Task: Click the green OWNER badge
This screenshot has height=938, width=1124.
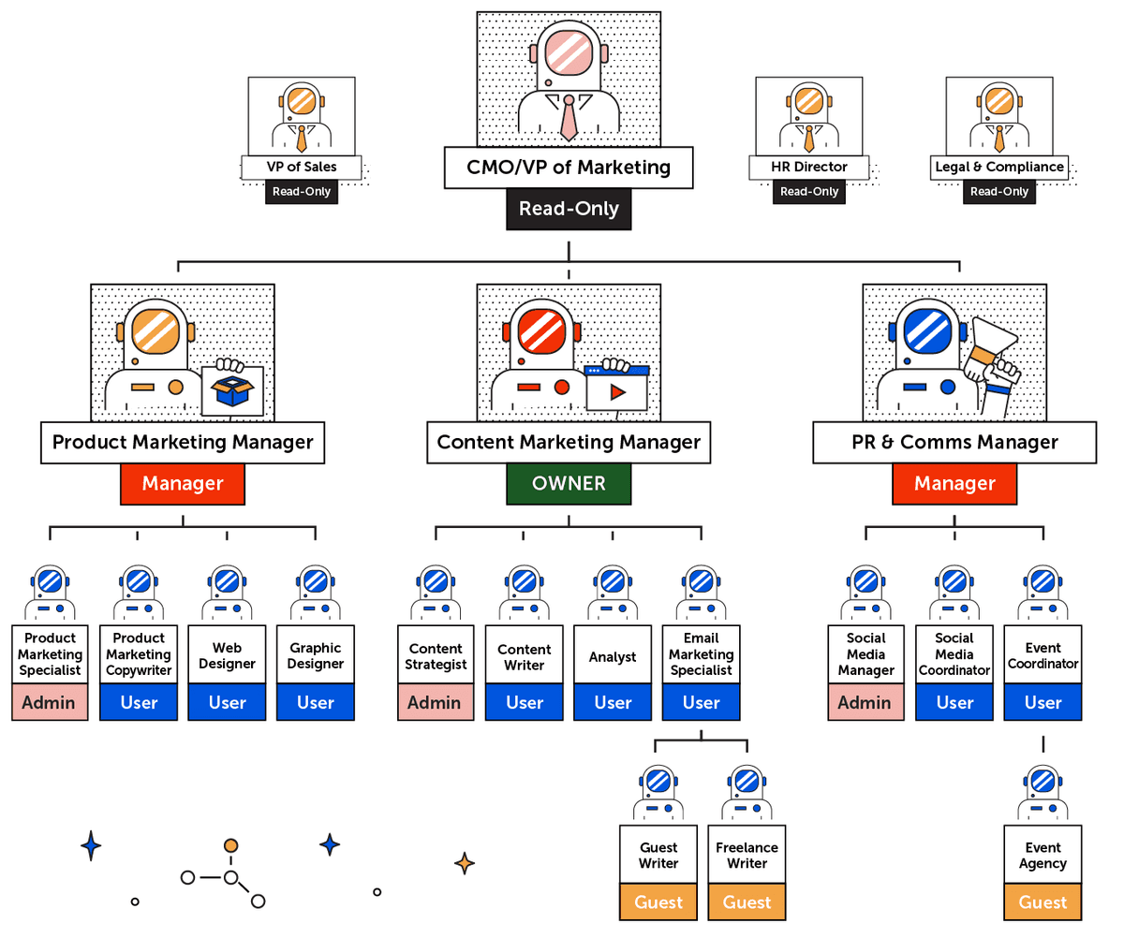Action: coord(569,484)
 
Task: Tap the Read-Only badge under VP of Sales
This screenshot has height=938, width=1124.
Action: coord(301,192)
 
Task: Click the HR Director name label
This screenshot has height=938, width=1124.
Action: coord(808,168)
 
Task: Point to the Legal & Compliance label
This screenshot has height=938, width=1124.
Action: coord(999,168)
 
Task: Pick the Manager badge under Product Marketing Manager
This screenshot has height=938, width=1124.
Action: coord(183,484)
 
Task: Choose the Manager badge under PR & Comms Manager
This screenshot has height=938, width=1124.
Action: coord(954,484)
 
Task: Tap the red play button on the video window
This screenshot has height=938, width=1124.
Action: coord(616,392)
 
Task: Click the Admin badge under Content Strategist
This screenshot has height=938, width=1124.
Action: coord(436,702)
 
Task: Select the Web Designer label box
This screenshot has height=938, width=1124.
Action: coord(228,655)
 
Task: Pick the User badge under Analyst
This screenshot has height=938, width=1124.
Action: coord(613,702)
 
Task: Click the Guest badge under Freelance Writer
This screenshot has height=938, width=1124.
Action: coord(747,902)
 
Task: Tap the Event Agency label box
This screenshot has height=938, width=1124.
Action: coord(1043,855)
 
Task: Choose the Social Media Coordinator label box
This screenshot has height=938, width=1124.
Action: coord(954,655)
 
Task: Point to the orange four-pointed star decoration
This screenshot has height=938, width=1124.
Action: coord(464,863)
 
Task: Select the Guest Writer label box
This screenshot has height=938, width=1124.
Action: coord(658,855)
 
